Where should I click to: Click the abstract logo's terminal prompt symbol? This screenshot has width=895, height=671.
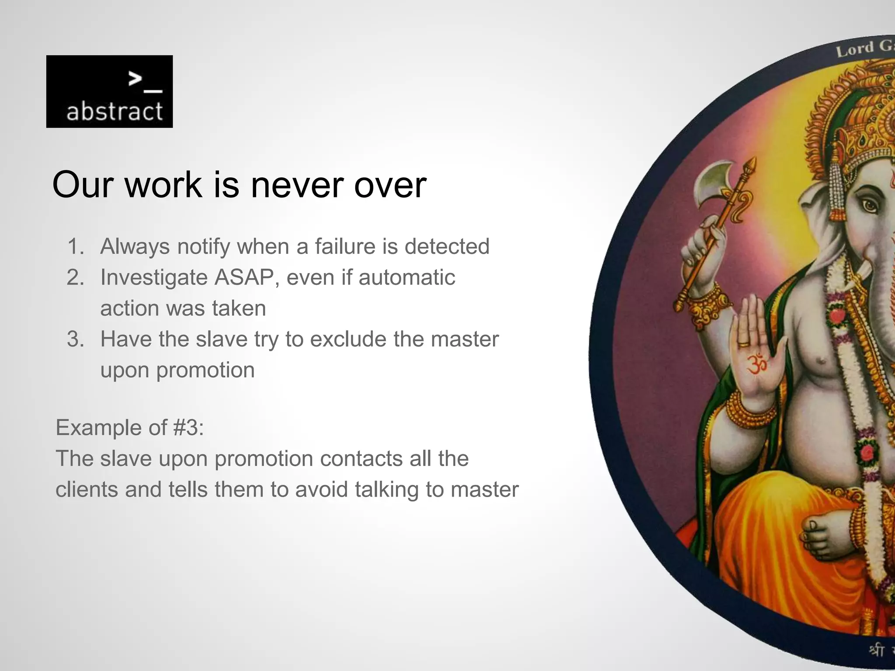[145, 82]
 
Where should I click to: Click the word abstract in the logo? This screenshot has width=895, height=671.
[114, 111]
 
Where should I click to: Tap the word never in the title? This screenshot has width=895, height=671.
[298, 185]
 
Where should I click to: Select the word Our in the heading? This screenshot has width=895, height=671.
[83, 185]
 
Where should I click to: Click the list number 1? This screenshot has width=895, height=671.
[75, 246]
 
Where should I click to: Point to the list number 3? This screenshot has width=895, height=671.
[75, 339]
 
